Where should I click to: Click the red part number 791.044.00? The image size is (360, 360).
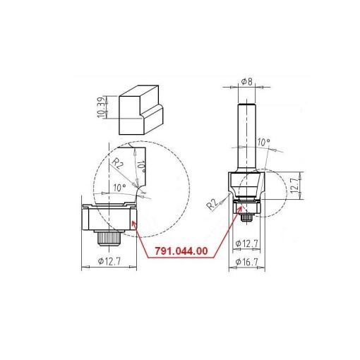tap(181, 251)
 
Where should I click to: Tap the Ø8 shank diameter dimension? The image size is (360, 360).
tap(247, 82)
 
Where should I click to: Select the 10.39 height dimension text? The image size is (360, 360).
tap(102, 107)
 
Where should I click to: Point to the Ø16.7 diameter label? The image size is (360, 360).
tap(247, 262)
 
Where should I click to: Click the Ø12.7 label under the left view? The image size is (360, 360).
tap(109, 261)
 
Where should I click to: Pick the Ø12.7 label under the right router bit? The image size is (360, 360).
tap(247, 244)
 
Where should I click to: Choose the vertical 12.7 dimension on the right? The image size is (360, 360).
tap(295, 186)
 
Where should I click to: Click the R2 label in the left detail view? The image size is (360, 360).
tap(118, 163)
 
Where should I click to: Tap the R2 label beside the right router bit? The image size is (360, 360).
tap(212, 204)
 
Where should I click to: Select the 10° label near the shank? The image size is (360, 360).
tap(264, 142)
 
